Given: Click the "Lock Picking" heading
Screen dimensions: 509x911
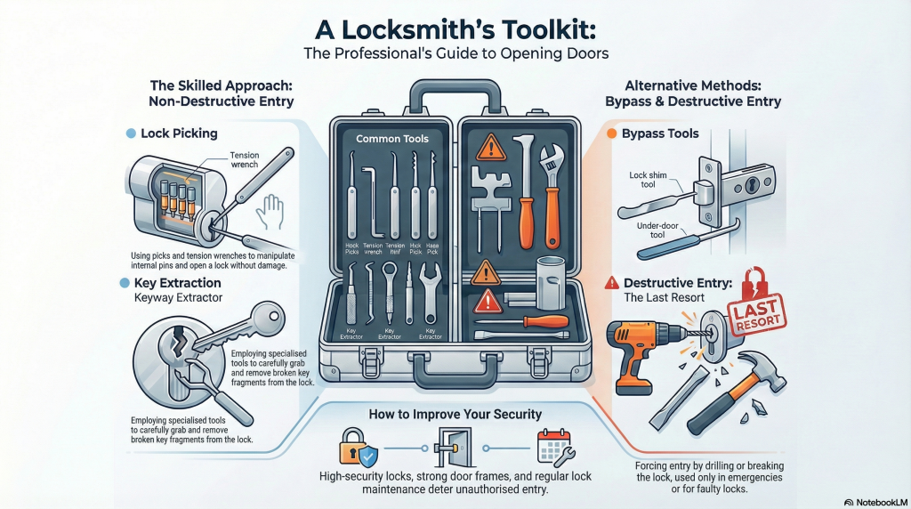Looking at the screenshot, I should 179,133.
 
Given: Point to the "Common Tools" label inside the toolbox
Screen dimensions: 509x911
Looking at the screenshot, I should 391,139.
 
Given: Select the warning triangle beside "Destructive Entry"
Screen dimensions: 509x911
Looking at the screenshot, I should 612,284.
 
